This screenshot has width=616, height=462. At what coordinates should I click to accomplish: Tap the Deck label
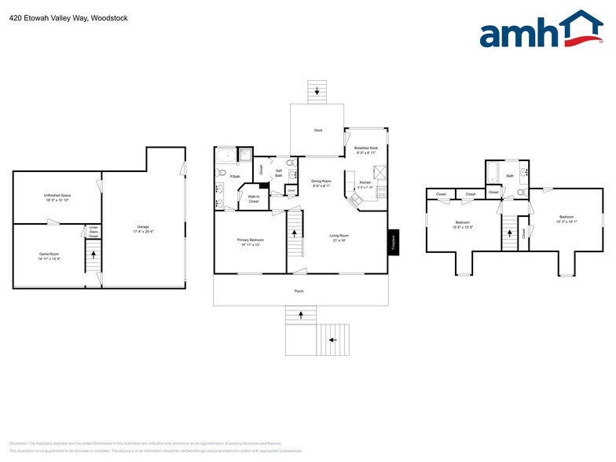(318, 130)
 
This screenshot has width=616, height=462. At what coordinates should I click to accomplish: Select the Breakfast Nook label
(366, 149)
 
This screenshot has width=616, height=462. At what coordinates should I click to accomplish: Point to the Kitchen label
(365, 183)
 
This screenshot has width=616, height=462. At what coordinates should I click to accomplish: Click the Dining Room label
(321, 181)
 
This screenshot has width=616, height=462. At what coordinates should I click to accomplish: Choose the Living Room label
(339, 236)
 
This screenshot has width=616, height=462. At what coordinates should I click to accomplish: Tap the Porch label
(300, 291)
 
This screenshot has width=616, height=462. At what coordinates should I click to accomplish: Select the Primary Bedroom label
(251, 240)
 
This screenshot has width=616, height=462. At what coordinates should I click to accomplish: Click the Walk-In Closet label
(254, 200)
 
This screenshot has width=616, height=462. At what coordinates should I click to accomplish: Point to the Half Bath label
(278, 174)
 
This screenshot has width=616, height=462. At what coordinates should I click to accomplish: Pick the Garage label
(143, 228)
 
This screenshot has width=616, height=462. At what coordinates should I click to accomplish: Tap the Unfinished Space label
(56, 196)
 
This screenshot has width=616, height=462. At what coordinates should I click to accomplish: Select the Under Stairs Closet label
(93, 232)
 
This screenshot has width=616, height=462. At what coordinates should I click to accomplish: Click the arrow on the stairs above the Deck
(317, 93)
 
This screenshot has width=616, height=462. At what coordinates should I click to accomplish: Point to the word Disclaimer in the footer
(18, 443)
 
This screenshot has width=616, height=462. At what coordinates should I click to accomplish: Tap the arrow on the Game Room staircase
(93, 255)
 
